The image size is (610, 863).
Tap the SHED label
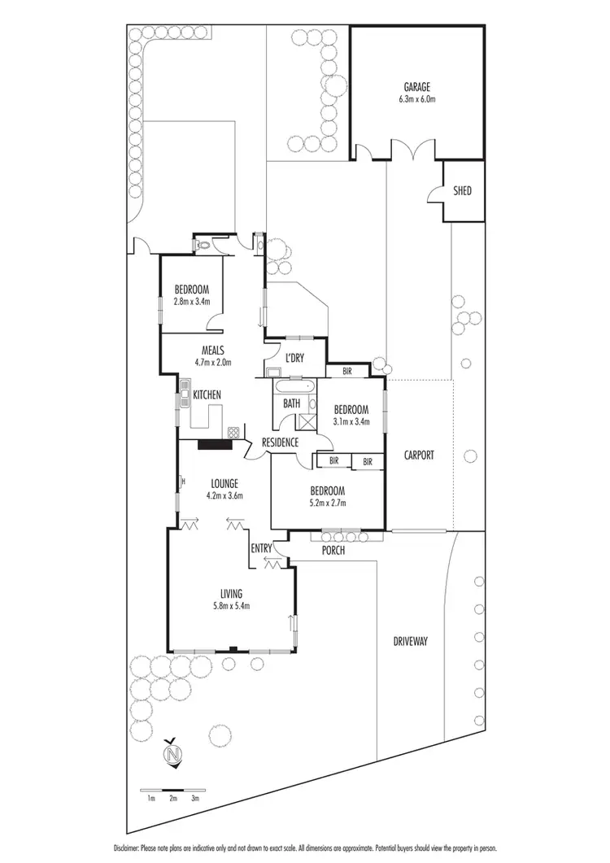click(462, 191)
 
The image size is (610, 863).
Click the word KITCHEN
click(207, 395)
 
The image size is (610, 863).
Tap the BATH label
click(291, 403)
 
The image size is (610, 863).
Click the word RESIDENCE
click(281, 442)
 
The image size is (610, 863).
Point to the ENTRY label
click(261, 548)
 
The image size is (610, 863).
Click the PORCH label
click(333, 551)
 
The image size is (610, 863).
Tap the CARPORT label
click(420, 455)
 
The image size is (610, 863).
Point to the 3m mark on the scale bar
click(196, 799)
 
